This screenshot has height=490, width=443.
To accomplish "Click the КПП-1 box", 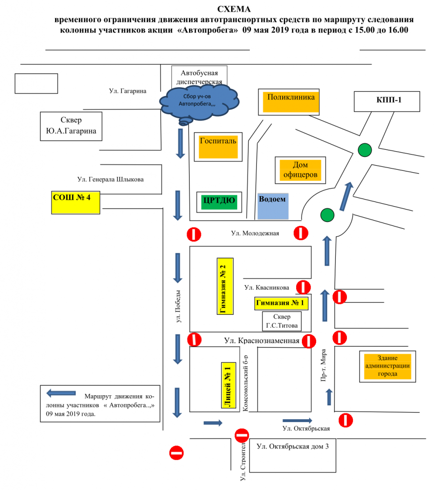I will pos(387,101).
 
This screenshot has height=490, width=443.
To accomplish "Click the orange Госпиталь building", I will pos(219,145).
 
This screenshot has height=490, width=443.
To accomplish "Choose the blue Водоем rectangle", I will pos(273,206).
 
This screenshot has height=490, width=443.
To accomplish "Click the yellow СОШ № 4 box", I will pos(76,202).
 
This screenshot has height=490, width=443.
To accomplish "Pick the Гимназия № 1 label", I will pos(280,303).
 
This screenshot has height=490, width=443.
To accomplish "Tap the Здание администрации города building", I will pos(388,366).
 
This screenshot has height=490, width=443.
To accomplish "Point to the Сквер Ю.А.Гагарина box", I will pos(71,126).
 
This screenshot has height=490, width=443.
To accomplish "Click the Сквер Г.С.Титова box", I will pos(282,322).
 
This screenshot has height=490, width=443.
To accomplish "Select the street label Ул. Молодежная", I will pos(255,233).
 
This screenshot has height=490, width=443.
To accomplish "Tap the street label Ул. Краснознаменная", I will pos(262,341).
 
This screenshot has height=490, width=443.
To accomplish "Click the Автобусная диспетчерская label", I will pos(199,77).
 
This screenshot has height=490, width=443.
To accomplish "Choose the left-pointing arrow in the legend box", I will pos(61,393).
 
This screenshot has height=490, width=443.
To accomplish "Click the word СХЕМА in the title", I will pos(233,9).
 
